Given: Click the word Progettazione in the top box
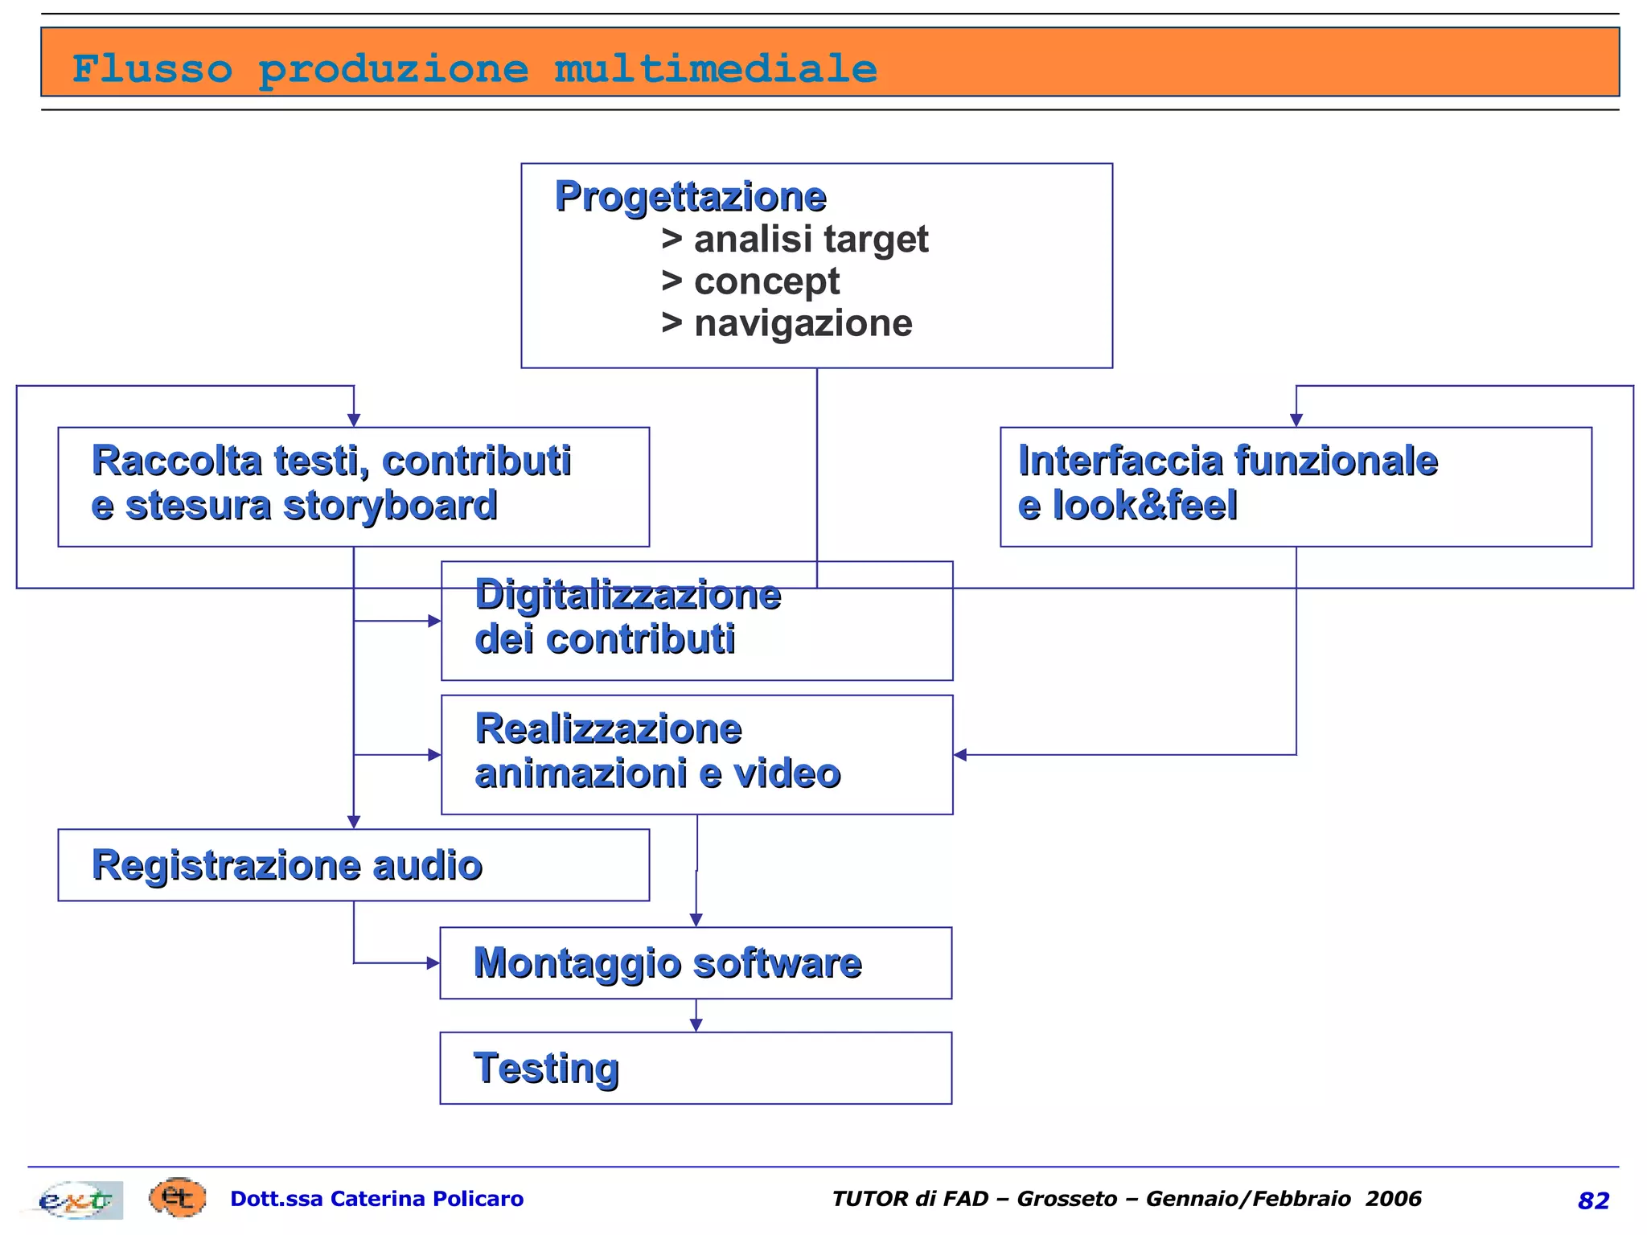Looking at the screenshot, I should (x=690, y=197).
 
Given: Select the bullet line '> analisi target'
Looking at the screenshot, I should (x=795, y=240).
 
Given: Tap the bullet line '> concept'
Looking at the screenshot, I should (x=750, y=281).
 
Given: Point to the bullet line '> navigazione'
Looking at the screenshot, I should (x=787, y=323).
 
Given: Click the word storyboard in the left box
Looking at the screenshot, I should (x=391, y=506).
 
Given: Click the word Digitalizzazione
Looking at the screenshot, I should (x=627, y=595).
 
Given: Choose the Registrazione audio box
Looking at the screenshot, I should (x=353, y=865).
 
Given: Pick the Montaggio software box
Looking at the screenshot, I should (x=696, y=963).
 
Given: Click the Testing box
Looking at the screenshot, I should (x=696, y=1069).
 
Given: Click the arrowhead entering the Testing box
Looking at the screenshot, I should (x=696, y=1025).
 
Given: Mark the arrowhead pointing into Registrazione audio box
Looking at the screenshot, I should (x=354, y=822).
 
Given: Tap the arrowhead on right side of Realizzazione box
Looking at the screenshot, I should (x=960, y=755).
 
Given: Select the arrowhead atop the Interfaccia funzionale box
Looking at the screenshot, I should (x=1296, y=420).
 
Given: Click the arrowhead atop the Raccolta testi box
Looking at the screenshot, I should (x=354, y=420).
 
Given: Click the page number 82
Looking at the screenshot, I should (x=1593, y=1200).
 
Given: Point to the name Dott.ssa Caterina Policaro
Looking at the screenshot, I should (x=376, y=1199).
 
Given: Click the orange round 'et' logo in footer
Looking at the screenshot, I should (x=177, y=1198).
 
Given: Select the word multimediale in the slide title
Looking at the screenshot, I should (x=715, y=68).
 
